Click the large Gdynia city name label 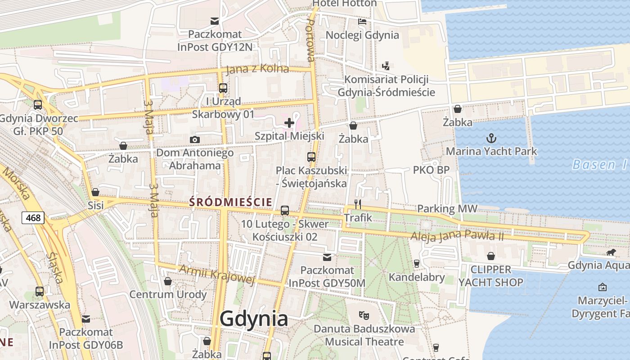(x=254, y=319)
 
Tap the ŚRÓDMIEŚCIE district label (x=231, y=202)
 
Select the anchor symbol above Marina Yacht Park (x=491, y=138)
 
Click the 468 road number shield (x=33, y=218)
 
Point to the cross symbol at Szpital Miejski (x=289, y=122)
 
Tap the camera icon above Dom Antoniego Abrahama (x=195, y=139)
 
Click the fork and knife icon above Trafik (x=358, y=204)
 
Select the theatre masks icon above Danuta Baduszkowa (x=364, y=315)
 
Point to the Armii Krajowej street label (x=217, y=274)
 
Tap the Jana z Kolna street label (x=257, y=69)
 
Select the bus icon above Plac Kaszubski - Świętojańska (x=311, y=157)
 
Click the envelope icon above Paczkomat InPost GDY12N (x=215, y=21)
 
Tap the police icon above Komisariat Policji (x=386, y=66)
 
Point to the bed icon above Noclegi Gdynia (x=362, y=21)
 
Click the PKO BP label (x=431, y=170)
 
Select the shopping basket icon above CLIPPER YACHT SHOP (x=490, y=256)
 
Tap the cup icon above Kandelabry (x=417, y=264)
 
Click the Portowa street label (x=310, y=40)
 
